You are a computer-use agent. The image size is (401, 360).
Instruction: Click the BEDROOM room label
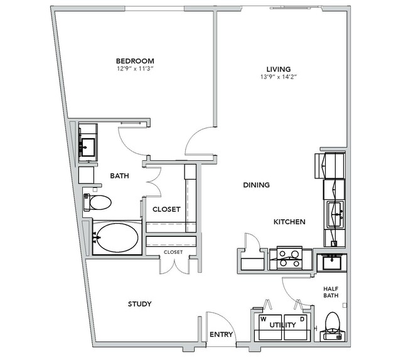(x=135, y=61)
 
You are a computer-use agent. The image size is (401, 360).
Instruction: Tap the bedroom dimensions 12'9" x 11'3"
(x=135, y=68)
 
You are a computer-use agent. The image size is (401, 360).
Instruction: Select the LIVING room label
(x=279, y=69)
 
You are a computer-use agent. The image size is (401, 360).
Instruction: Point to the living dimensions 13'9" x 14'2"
(x=279, y=77)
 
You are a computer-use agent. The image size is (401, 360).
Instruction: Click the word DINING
(x=256, y=185)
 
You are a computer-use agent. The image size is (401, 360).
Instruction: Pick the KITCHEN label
(x=289, y=222)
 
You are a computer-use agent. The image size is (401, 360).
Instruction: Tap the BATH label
(x=119, y=176)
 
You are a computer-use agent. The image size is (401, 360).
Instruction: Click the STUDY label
(x=140, y=304)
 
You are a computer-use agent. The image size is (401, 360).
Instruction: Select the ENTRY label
(x=222, y=334)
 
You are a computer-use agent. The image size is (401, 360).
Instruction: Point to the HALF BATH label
(x=331, y=292)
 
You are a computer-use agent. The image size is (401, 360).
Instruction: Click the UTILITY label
(x=282, y=325)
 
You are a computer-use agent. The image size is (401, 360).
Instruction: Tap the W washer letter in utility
(x=263, y=319)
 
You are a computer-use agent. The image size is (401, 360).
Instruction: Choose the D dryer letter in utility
(x=302, y=319)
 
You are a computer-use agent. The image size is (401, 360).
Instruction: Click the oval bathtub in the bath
(x=118, y=237)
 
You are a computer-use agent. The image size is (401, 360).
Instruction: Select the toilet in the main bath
(x=97, y=202)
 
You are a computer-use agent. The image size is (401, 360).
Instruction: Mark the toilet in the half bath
(x=333, y=325)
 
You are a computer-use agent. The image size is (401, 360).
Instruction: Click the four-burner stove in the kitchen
(x=289, y=258)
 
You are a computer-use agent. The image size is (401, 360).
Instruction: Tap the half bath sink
(x=332, y=263)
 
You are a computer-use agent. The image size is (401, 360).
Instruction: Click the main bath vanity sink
(x=88, y=147)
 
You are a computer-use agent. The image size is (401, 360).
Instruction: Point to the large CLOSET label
(x=166, y=209)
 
